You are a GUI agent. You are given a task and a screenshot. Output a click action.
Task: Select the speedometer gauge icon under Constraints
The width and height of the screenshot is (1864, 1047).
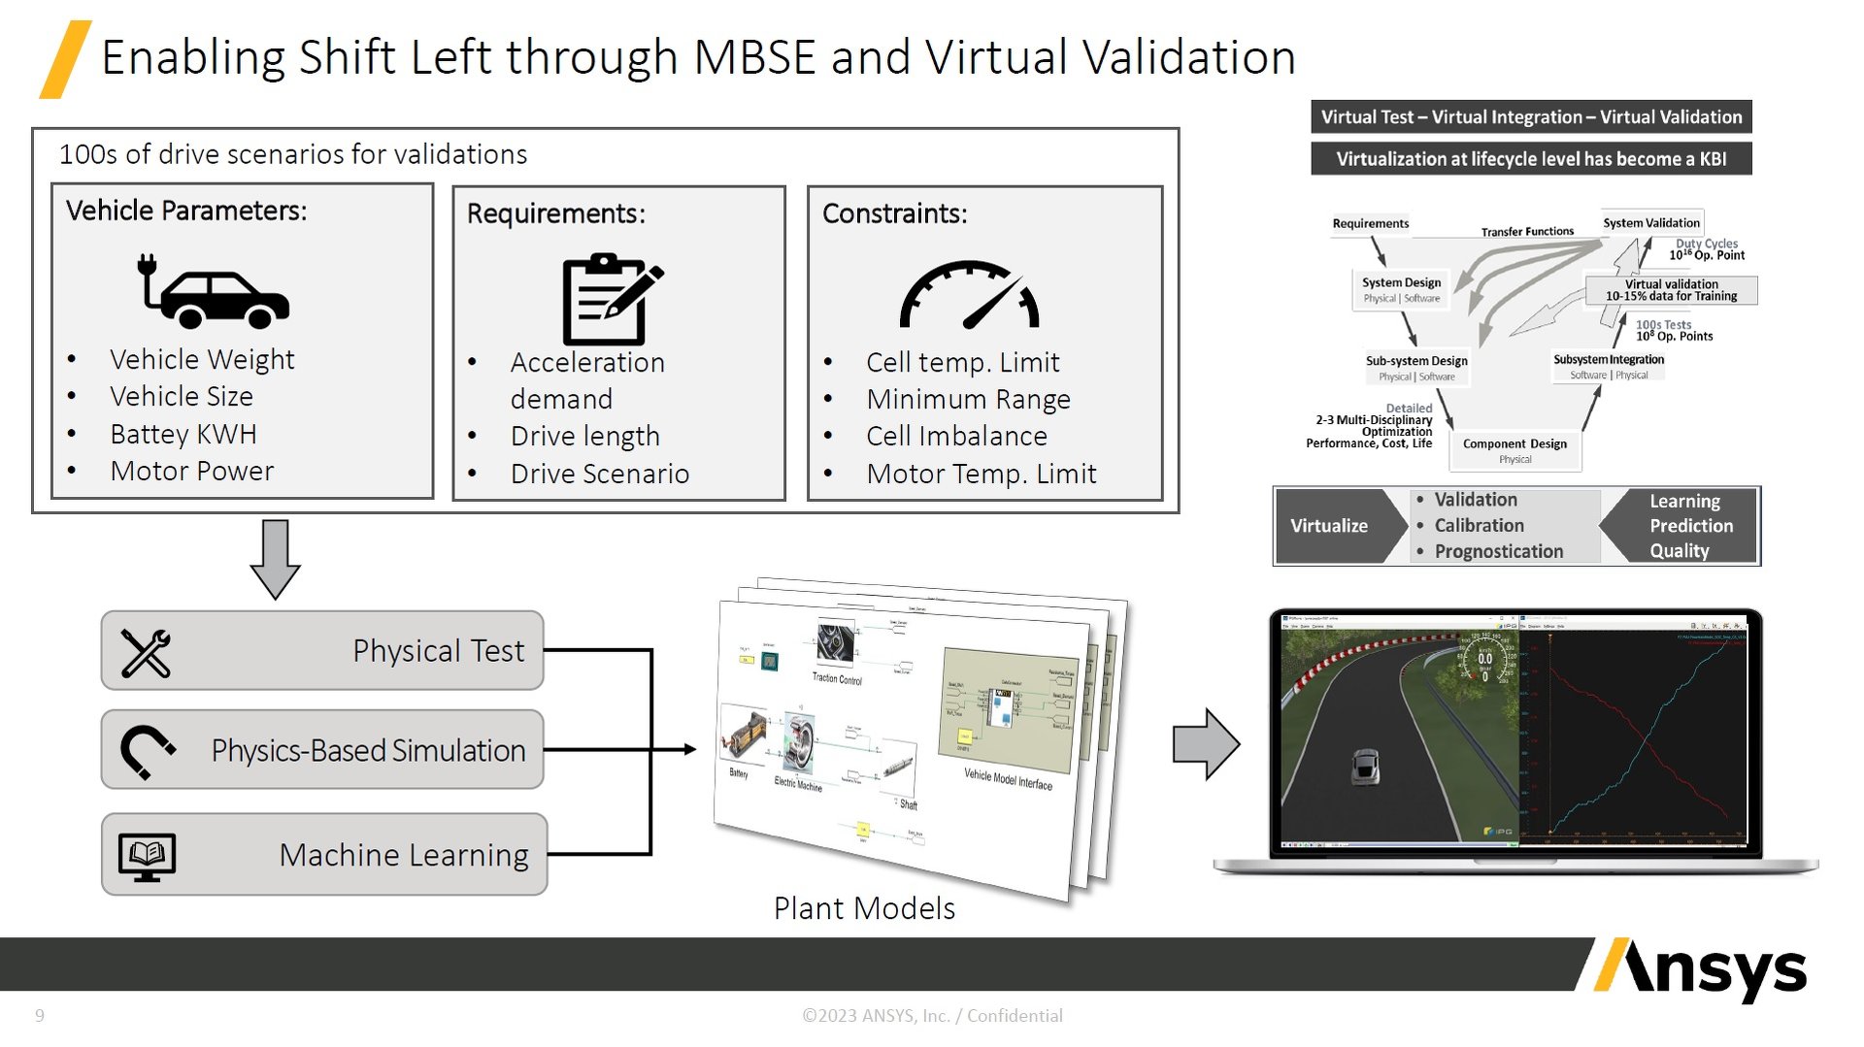click(969, 295)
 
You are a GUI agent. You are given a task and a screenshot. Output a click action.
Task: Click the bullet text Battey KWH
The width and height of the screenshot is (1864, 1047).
click(183, 434)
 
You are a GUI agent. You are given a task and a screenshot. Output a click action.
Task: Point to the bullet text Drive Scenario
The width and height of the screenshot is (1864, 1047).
click(600, 474)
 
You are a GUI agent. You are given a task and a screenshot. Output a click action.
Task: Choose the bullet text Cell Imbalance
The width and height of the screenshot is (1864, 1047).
click(956, 436)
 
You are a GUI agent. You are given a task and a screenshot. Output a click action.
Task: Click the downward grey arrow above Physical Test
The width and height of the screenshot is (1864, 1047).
click(275, 558)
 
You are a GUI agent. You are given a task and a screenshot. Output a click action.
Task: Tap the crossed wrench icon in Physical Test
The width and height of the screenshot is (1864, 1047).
click(146, 652)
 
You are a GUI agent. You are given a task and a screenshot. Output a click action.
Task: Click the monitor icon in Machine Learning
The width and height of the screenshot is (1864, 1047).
click(147, 856)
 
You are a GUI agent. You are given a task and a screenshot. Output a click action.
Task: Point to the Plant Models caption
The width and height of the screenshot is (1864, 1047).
click(864, 908)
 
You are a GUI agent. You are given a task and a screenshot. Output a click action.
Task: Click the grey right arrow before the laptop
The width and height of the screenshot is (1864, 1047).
click(1206, 744)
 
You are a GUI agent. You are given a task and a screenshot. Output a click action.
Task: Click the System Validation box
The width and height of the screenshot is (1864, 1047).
click(1650, 223)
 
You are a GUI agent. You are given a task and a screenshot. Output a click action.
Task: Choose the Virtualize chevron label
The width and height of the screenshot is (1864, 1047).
click(1329, 526)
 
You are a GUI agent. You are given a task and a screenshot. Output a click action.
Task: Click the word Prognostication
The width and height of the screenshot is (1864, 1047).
click(1499, 551)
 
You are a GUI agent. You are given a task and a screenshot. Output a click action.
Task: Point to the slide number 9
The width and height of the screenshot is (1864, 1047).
click(40, 1016)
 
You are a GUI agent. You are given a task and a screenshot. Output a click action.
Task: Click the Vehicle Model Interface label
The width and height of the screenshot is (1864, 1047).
click(1008, 778)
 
